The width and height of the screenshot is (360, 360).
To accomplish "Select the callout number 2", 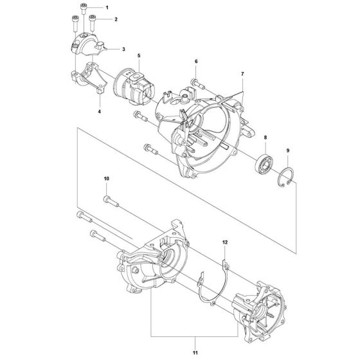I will coord(116,19).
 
